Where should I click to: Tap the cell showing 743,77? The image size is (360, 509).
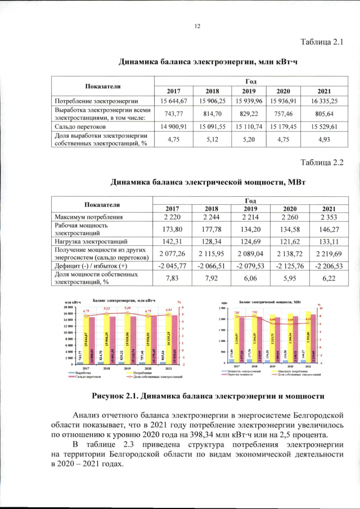[174, 113]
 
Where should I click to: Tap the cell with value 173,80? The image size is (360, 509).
[174, 229]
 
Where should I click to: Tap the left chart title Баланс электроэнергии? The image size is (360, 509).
[124, 301]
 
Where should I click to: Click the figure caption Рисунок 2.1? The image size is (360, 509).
[208, 396]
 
